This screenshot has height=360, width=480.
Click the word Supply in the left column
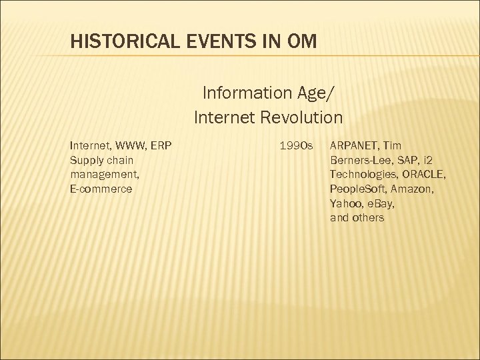tap(85, 160)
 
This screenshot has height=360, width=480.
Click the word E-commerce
tap(101, 189)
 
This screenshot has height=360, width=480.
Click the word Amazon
tap(416, 189)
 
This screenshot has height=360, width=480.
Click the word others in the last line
tap(368, 218)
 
